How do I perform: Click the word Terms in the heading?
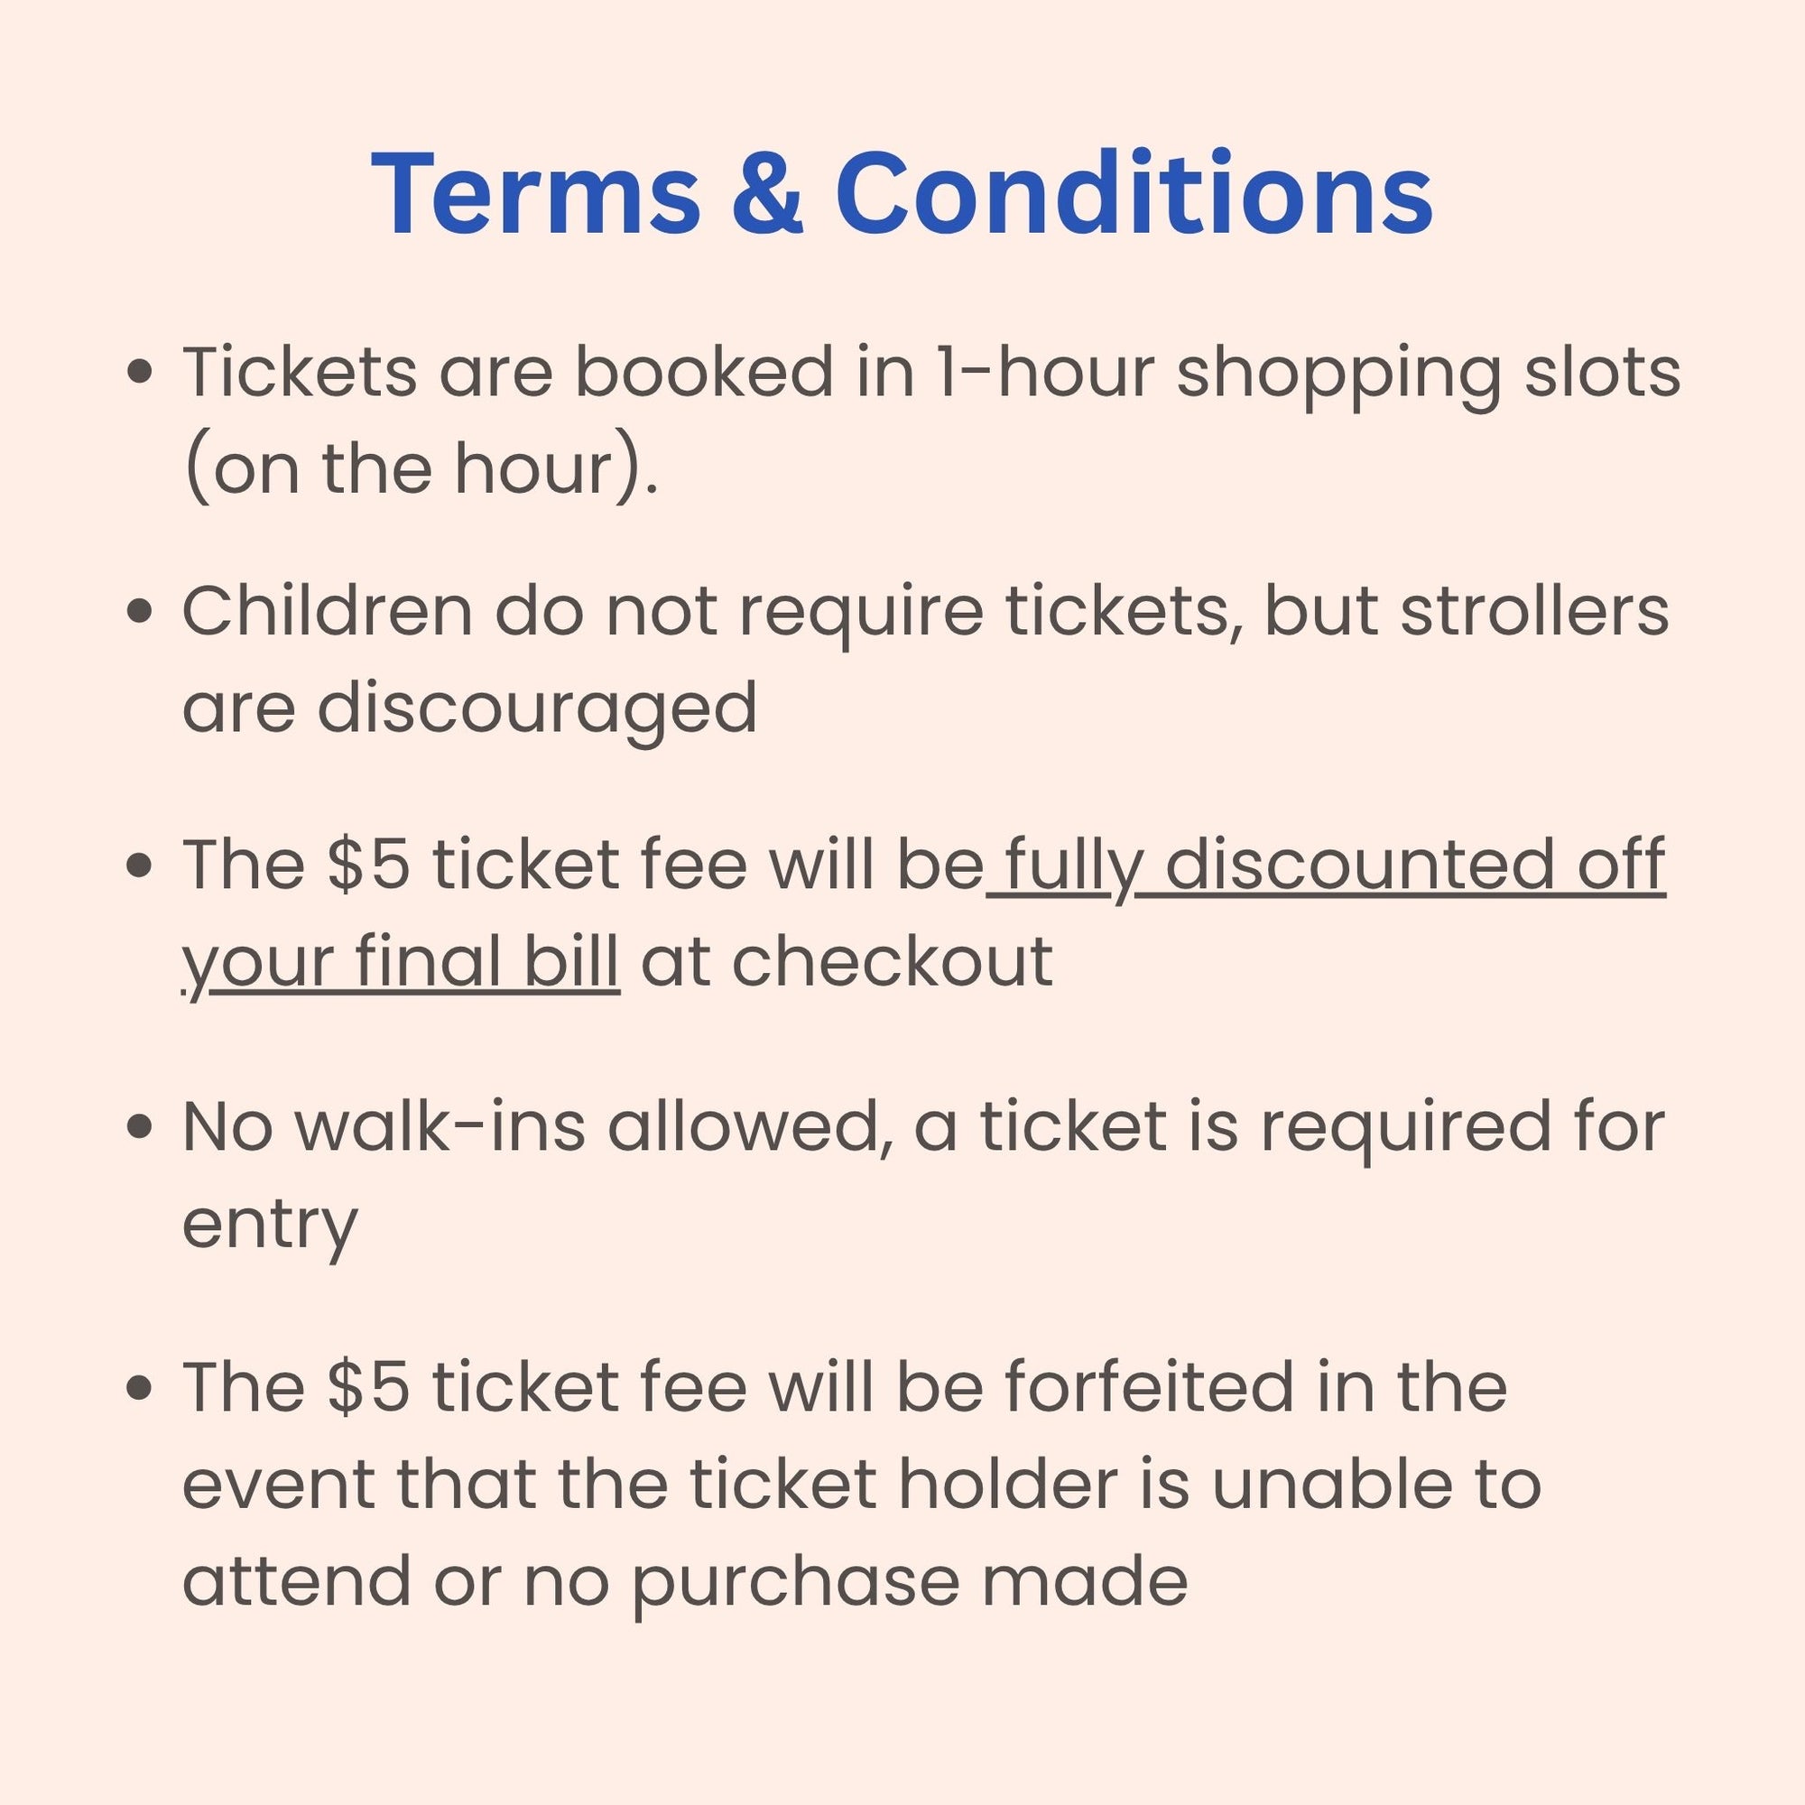point(535,194)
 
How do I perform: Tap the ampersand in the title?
point(767,194)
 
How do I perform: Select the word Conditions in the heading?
point(1134,193)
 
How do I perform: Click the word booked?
point(704,372)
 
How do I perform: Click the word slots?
point(1602,372)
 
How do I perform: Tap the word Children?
point(327,612)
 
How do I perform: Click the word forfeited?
point(1150,1386)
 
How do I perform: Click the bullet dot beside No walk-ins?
point(139,1127)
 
